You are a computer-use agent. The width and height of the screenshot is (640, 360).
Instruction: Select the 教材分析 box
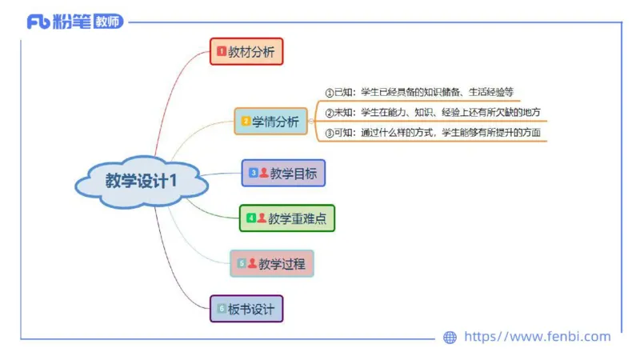[246, 52]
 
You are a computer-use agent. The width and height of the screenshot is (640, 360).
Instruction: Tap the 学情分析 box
[270, 122]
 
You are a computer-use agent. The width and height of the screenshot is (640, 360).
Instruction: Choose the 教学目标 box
[284, 173]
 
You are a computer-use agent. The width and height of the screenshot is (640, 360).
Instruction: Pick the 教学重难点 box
[287, 218]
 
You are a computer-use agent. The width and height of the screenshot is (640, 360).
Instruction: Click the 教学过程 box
[272, 263]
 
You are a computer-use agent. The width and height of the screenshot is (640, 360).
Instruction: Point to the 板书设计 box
[246, 309]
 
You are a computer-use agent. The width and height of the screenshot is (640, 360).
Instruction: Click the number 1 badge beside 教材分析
[222, 52]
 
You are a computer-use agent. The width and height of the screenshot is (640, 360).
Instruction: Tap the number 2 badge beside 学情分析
[246, 122]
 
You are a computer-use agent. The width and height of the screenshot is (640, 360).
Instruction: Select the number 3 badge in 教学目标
[253, 173]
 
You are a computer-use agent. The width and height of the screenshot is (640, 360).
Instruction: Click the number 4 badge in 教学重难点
[250, 218]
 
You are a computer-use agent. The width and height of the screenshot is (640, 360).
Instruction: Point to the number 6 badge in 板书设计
[222, 309]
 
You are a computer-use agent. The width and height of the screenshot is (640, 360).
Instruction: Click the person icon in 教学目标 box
[264, 173]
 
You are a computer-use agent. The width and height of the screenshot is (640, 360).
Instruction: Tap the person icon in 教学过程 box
[252, 263]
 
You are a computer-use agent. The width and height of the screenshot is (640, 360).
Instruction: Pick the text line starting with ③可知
[433, 132]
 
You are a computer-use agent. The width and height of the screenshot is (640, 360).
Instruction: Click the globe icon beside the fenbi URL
[450, 338]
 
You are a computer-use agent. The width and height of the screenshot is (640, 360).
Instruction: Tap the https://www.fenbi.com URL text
[537, 337]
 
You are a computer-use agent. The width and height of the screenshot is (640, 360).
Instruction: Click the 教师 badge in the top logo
[108, 22]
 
